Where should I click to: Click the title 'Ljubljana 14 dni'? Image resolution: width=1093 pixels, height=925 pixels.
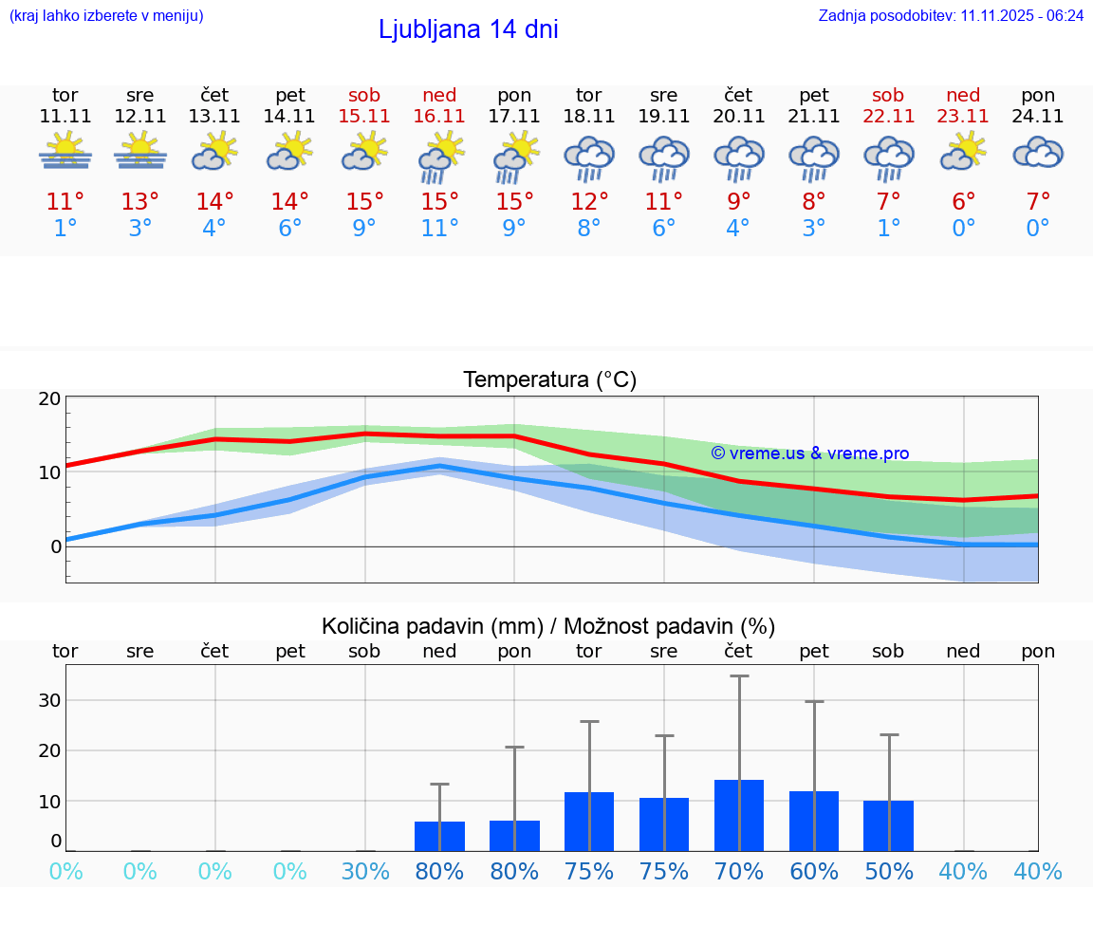coord(468,29)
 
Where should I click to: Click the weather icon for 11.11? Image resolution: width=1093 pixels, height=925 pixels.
coord(65,151)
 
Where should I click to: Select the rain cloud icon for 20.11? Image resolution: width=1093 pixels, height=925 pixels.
coord(739,157)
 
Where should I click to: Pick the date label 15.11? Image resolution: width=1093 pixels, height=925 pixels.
coord(364,116)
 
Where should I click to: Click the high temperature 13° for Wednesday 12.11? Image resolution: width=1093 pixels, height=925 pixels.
coord(140,202)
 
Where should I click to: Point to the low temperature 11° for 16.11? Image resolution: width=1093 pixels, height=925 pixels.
coord(439,229)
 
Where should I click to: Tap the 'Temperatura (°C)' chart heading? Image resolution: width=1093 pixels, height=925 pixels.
coord(549,379)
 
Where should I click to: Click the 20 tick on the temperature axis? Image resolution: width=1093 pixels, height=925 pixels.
coord(49,398)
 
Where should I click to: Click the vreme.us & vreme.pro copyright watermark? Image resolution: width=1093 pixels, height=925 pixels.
coord(809,453)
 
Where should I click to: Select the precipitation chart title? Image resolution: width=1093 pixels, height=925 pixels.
coord(548,626)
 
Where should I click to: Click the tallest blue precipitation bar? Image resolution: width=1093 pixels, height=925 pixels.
coord(739,815)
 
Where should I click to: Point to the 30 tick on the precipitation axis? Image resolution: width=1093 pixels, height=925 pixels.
coord(49,700)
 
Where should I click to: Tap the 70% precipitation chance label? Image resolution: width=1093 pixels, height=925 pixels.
coord(739,871)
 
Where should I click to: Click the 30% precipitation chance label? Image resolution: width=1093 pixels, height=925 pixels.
coord(365,871)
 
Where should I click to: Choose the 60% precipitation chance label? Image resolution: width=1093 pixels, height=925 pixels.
coord(814,871)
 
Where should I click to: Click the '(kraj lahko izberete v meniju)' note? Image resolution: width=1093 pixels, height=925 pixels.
coord(106,15)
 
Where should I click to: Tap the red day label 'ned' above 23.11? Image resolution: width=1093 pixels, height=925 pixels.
coord(963,95)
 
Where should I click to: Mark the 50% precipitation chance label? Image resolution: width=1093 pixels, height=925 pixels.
coord(889,871)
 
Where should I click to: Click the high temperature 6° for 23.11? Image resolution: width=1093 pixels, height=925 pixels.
coord(964,202)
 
